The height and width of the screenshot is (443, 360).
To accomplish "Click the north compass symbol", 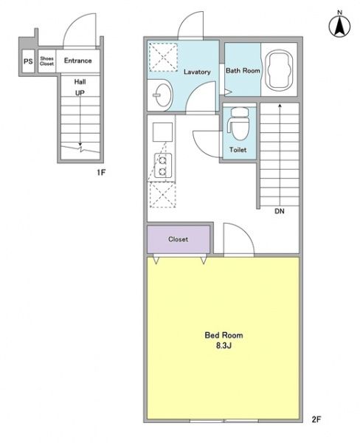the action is (x=339, y=25).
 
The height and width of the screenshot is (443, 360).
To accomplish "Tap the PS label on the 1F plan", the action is (x=28, y=61).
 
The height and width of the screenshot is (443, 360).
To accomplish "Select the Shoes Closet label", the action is (x=47, y=61).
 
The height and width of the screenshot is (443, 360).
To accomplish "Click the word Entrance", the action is (x=78, y=61).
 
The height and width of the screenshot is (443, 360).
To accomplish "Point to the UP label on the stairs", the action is (x=80, y=93).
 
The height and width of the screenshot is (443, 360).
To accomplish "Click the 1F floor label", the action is (x=101, y=172).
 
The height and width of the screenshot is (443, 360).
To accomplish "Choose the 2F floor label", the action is (x=316, y=419).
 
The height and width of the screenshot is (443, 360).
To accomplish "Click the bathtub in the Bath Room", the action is (x=280, y=70).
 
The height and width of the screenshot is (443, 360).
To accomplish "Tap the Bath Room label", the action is (x=243, y=70).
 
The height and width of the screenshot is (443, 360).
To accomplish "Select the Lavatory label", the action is (x=197, y=72).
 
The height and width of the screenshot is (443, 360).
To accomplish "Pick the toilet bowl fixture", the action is (x=238, y=124).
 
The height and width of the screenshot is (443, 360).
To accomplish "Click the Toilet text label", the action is (x=238, y=150).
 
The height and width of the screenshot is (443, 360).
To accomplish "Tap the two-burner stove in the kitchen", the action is (x=162, y=165).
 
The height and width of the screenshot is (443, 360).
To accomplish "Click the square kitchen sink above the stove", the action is (x=162, y=132).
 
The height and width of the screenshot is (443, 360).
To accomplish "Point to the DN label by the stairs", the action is (x=280, y=211).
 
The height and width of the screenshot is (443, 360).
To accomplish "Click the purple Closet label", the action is (x=179, y=239).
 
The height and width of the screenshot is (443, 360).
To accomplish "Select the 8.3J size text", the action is (x=224, y=346).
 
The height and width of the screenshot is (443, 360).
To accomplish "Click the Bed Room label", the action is (x=224, y=335).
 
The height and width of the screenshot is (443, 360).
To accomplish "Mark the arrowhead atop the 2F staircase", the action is (x=280, y=106).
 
